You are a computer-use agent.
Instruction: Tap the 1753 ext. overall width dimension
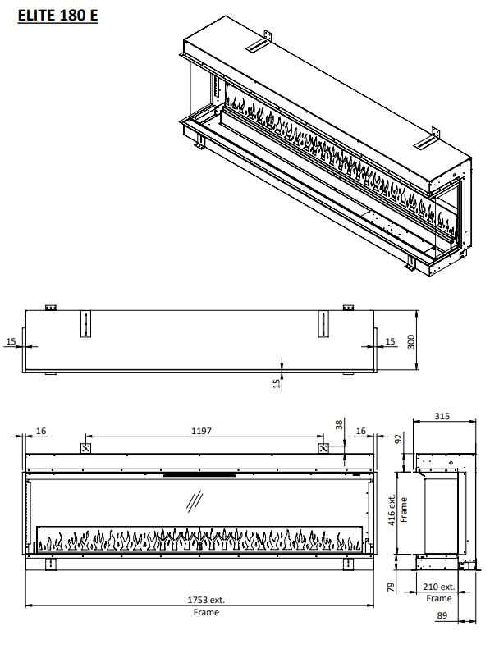pos(206,600)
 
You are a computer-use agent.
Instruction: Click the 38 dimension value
pos(341,424)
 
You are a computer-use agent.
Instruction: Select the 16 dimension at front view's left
pos(42,430)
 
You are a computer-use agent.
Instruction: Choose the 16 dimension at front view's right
pos(359,430)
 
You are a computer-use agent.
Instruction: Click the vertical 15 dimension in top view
pos(277,382)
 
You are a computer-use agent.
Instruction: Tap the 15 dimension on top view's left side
pos(11,340)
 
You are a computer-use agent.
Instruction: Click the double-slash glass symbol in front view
pos(195,499)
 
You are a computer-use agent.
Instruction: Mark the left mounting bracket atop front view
pos(85,448)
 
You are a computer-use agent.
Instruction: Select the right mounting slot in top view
pos(323,323)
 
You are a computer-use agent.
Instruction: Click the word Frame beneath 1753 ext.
pos(206,612)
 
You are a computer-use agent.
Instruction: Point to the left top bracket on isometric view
pos(264,40)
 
